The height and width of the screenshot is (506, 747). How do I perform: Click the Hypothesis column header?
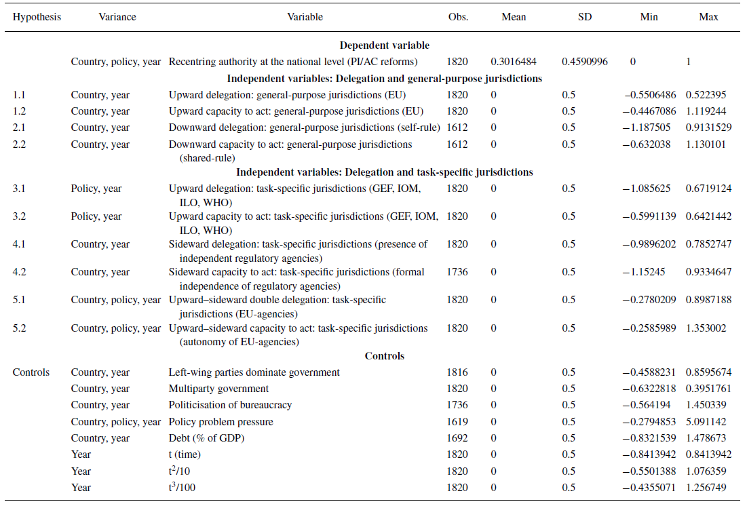pyautogui.click(x=37, y=17)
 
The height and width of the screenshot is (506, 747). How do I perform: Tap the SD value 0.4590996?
pyautogui.click(x=584, y=62)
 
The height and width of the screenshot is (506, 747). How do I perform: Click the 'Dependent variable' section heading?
pyautogui.click(x=384, y=45)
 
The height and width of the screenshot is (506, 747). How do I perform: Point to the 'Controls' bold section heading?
pyautogui.click(x=384, y=356)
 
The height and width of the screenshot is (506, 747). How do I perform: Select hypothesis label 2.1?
pyautogui.click(x=19, y=128)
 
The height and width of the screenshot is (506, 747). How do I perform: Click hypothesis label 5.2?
pyautogui.click(x=19, y=328)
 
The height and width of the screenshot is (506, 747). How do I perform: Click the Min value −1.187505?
pyautogui.click(x=652, y=128)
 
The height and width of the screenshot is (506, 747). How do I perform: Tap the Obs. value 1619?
pyautogui.click(x=458, y=422)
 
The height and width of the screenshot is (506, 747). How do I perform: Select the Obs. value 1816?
pyautogui.click(x=458, y=372)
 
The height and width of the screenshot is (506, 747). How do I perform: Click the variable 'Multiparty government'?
pyautogui.click(x=218, y=389)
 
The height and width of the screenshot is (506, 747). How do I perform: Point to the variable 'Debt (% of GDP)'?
pyautogui.click(x=206, y=438)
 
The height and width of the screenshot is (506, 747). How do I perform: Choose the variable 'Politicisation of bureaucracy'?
pyautogui.click(x=230, y=405)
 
